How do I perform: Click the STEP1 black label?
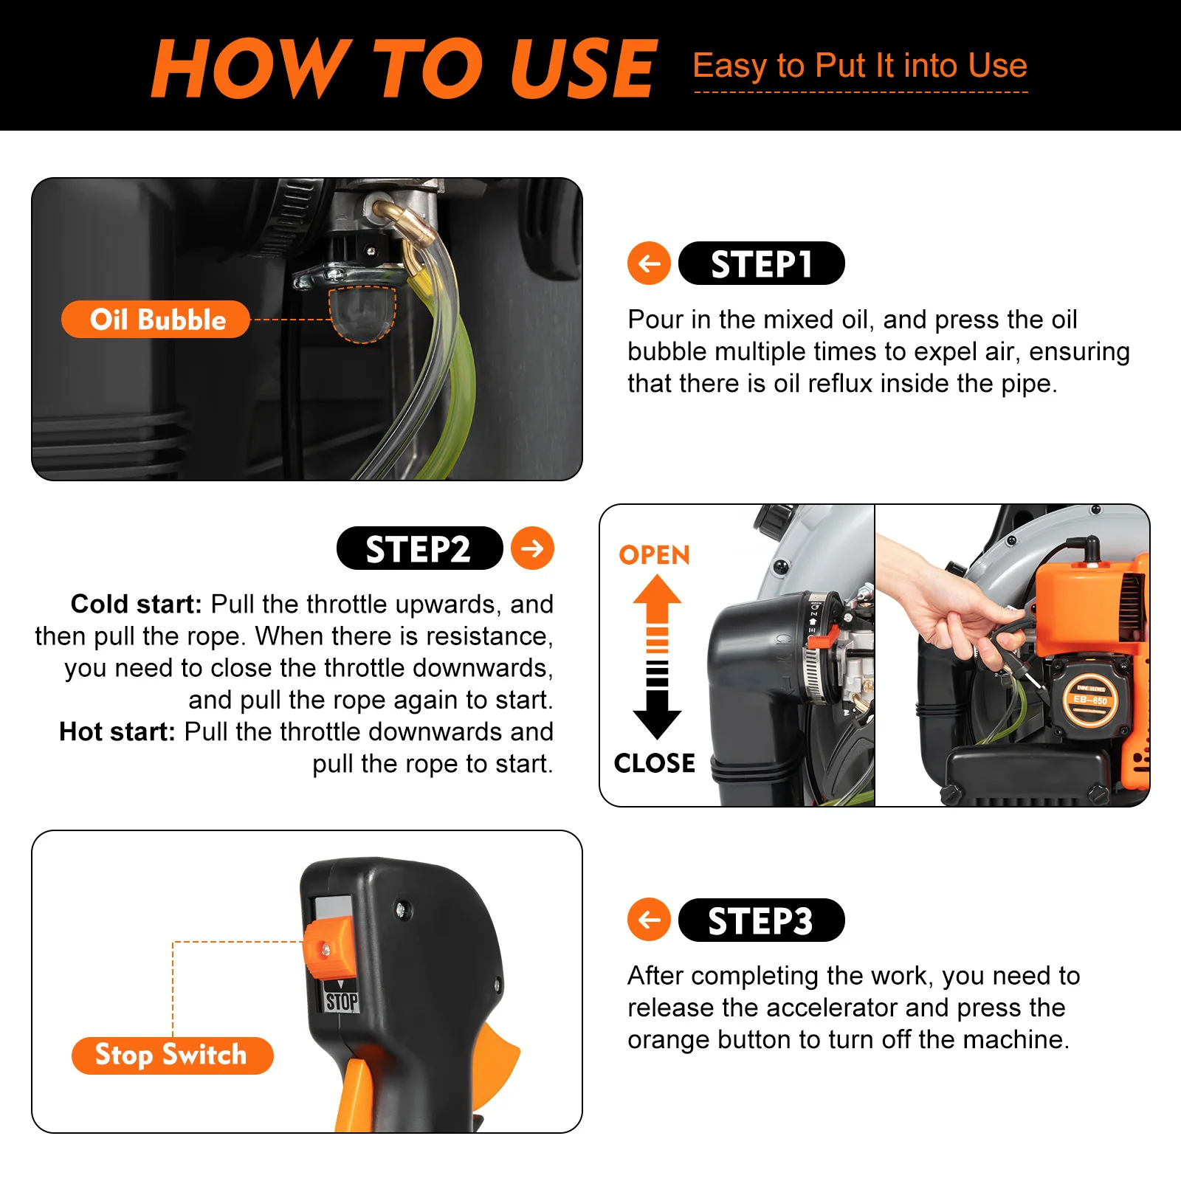(761, 264)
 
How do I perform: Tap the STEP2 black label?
(419, 548)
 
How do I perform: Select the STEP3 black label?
(761, 920)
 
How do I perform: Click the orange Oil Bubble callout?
(156, 320)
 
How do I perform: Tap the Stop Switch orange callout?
(172, 1055)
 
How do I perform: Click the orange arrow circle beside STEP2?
(532, 548)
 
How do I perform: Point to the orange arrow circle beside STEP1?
(649, 264)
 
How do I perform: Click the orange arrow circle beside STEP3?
(649, 920)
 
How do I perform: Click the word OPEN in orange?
(654, 555)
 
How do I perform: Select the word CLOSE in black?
(654, 763)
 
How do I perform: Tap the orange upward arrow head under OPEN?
(657, 595)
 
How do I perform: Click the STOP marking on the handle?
(342, 1002)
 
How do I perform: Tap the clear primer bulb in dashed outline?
(362, 314)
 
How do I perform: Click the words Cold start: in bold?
(136, 605)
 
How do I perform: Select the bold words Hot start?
(117, 731)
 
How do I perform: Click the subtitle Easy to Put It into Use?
(860, 66)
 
